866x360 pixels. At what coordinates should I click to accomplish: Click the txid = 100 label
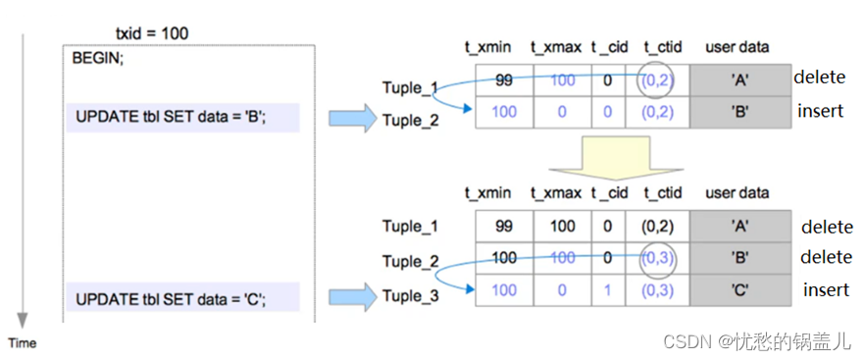click(x=151, y=33)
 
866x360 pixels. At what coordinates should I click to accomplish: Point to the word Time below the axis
click(x=23, y=342)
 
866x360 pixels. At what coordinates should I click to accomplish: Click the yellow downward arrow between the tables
click(x=615, y=156)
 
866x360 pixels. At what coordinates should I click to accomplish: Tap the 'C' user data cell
click(x=740, y=290)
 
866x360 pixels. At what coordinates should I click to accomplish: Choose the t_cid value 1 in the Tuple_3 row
click(x=608, y=290)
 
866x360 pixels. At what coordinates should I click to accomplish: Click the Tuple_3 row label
click(x=410, y=295)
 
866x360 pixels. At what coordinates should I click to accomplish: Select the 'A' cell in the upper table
click(x=740, y=80)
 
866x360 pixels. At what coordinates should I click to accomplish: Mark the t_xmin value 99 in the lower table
click(x=504, y=227)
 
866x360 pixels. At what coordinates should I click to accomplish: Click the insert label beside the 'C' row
click(x=826, y=289)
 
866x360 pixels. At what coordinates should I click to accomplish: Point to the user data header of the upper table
click(x=738, y=46)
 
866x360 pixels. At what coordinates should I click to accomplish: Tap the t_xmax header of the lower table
click(x=556, y=192)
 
